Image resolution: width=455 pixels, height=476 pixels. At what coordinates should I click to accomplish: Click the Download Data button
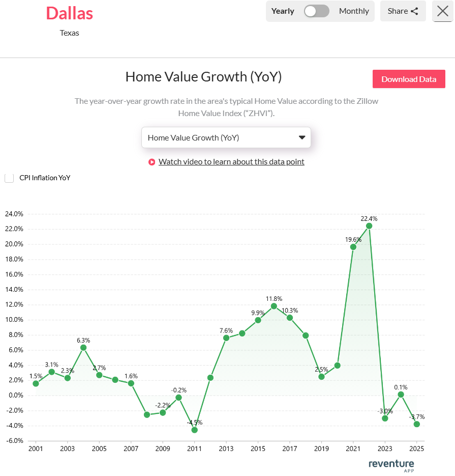coord(409,79)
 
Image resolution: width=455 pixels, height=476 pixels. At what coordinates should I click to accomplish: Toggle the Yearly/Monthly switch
coord(316,11)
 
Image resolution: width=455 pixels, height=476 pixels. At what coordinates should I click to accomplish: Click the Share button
coord(403,11)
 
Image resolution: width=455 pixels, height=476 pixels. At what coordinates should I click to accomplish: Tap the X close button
coord(442,11)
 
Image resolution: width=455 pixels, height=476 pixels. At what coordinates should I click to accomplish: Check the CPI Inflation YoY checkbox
coord(9,178)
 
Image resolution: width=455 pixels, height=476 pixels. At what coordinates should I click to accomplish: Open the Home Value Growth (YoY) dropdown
coord(226,137)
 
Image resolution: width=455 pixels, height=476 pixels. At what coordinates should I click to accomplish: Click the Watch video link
coord(231,162)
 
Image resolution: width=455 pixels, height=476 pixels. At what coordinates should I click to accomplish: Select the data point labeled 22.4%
coord(369,226)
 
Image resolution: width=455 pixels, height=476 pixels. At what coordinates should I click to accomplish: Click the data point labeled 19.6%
coord(353,247)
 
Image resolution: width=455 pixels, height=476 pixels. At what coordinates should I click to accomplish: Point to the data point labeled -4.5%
coord(194,430)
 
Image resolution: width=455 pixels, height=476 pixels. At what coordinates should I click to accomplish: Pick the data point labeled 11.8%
coord(274,306)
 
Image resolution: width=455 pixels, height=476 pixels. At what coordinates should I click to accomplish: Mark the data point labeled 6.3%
coord(83,348)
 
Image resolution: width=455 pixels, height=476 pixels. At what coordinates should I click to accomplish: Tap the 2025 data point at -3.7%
coord(417,424)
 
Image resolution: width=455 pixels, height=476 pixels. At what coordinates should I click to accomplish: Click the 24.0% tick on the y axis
coord(14,214)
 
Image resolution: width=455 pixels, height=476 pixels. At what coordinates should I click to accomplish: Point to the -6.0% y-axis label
coord(14,441)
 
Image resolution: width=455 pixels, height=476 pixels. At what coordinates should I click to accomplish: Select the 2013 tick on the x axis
coord(226,449)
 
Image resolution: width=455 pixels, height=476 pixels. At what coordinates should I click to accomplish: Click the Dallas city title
coord(70,13)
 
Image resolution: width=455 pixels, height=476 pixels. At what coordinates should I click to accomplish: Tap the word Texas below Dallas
coord(70,33)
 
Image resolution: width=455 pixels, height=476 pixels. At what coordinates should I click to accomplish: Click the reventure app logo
coord(391,465)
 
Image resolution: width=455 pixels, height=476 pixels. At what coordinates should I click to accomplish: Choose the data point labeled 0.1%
coord(401,395)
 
